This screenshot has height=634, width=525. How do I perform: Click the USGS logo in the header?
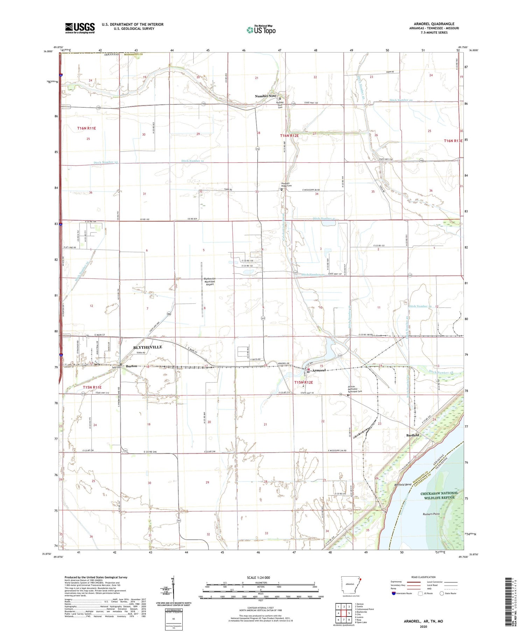click(80, 28)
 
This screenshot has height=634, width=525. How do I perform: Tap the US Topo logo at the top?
click(261, 30)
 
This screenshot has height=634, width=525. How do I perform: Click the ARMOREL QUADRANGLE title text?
click(434, 24)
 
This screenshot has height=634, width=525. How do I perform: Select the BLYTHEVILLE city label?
click(148, 347)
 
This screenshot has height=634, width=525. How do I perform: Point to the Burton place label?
click(132, 366)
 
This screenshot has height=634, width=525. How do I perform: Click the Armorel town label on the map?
click(319, 370)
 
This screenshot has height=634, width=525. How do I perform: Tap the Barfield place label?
click(413, 435)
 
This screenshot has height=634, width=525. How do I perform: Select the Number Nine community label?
click(265, 96)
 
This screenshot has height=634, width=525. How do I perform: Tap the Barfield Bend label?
click(403, 485)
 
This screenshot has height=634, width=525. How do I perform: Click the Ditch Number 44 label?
click(401, 100)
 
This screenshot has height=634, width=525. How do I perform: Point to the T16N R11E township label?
click(86, 128)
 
